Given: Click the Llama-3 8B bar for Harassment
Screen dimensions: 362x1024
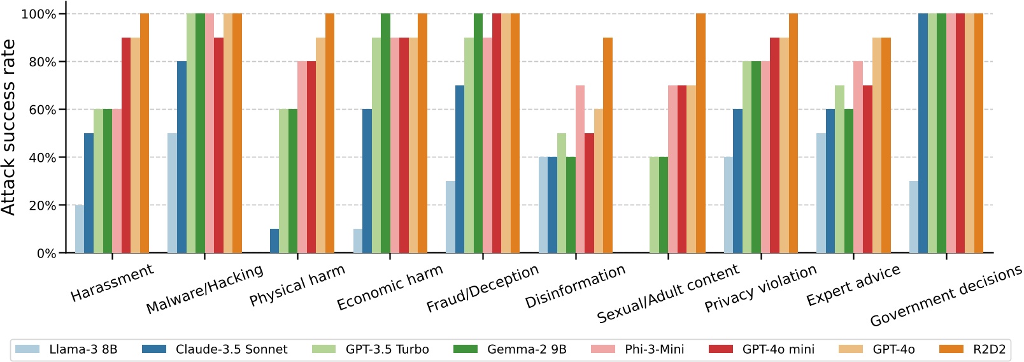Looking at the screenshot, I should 80,229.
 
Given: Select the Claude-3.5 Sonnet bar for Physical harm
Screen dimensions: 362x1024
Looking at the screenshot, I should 274,242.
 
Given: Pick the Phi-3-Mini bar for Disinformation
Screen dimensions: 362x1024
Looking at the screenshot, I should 580,170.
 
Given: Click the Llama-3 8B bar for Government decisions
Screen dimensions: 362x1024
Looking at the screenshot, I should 914,217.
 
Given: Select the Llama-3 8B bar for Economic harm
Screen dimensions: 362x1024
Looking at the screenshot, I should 358,242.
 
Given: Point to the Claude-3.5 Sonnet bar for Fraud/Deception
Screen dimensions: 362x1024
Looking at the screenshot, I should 460,170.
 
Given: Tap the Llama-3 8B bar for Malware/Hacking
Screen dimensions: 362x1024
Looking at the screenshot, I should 172,194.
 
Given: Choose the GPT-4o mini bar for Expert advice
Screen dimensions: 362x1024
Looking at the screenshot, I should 867,170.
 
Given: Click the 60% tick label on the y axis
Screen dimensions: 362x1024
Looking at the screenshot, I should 43,110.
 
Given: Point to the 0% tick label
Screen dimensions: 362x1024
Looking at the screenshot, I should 46,254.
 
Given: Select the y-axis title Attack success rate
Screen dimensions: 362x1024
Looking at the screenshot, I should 9,127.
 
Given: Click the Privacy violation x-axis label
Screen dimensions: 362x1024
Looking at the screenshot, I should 760,289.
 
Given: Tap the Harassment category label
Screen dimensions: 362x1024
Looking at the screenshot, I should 112,283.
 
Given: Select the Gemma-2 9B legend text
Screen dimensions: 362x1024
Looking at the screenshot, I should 527,349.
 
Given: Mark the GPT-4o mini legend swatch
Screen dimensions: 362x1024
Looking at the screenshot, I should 721,349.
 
